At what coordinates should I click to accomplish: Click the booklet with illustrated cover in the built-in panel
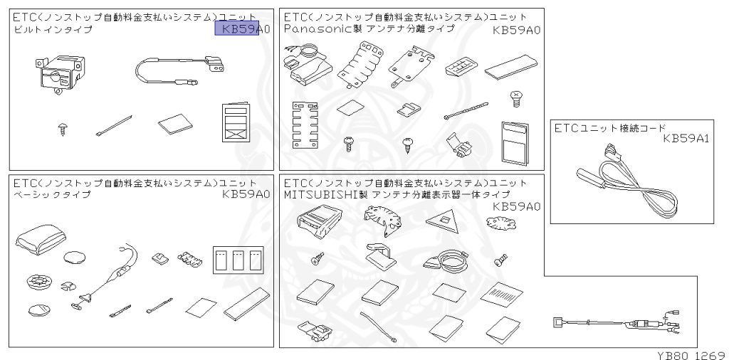tap(235, 125)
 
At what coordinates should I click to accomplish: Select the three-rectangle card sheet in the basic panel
tap(238, 261)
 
